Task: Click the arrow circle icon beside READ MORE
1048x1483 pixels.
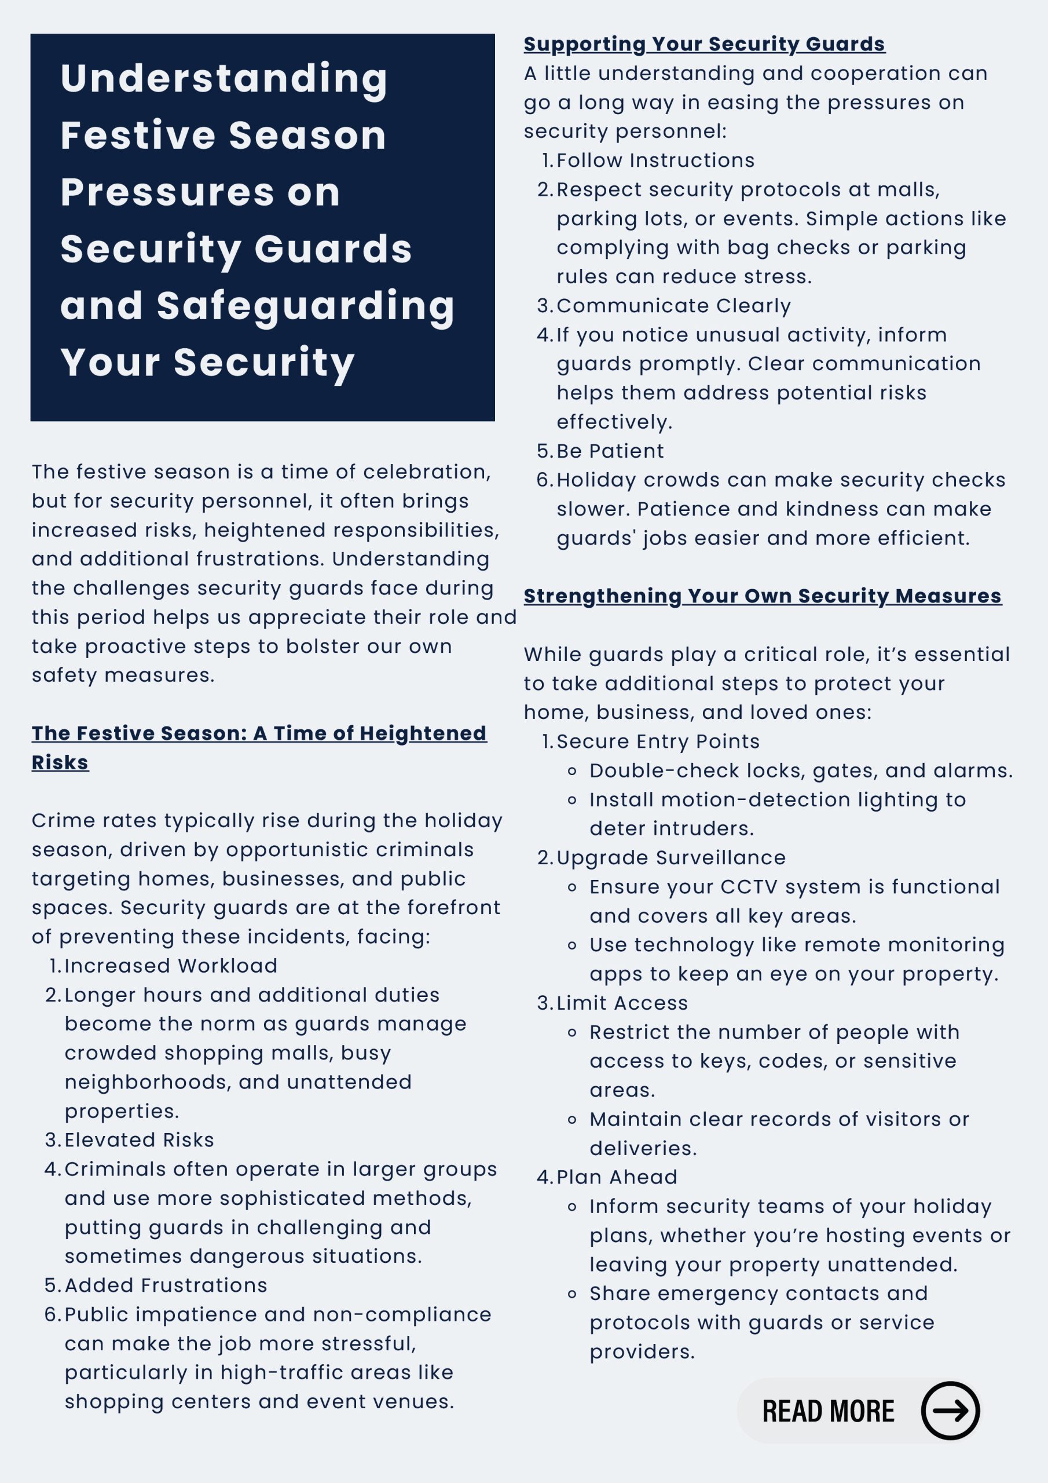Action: [949, 1411]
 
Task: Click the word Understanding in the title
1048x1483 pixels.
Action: [224, 79]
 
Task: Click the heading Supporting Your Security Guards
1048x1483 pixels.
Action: [704, 44]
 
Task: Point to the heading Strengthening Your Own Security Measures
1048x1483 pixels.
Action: [762, 596]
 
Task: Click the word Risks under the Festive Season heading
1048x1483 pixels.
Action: [60, 762]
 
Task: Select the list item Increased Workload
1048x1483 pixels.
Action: [170, 966]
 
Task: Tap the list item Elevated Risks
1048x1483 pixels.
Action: [139, 1140]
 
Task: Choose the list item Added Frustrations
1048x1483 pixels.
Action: [165, 1285]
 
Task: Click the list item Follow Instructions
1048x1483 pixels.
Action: [655, 160]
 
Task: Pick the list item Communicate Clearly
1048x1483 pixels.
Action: [673, 305]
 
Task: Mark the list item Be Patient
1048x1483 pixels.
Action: [610, 451]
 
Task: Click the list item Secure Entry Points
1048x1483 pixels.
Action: [657, 741]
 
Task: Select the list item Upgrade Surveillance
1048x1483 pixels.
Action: [670, 858]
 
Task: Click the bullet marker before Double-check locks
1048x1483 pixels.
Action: [571, 771]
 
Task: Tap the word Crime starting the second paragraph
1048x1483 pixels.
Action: [58, 820]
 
